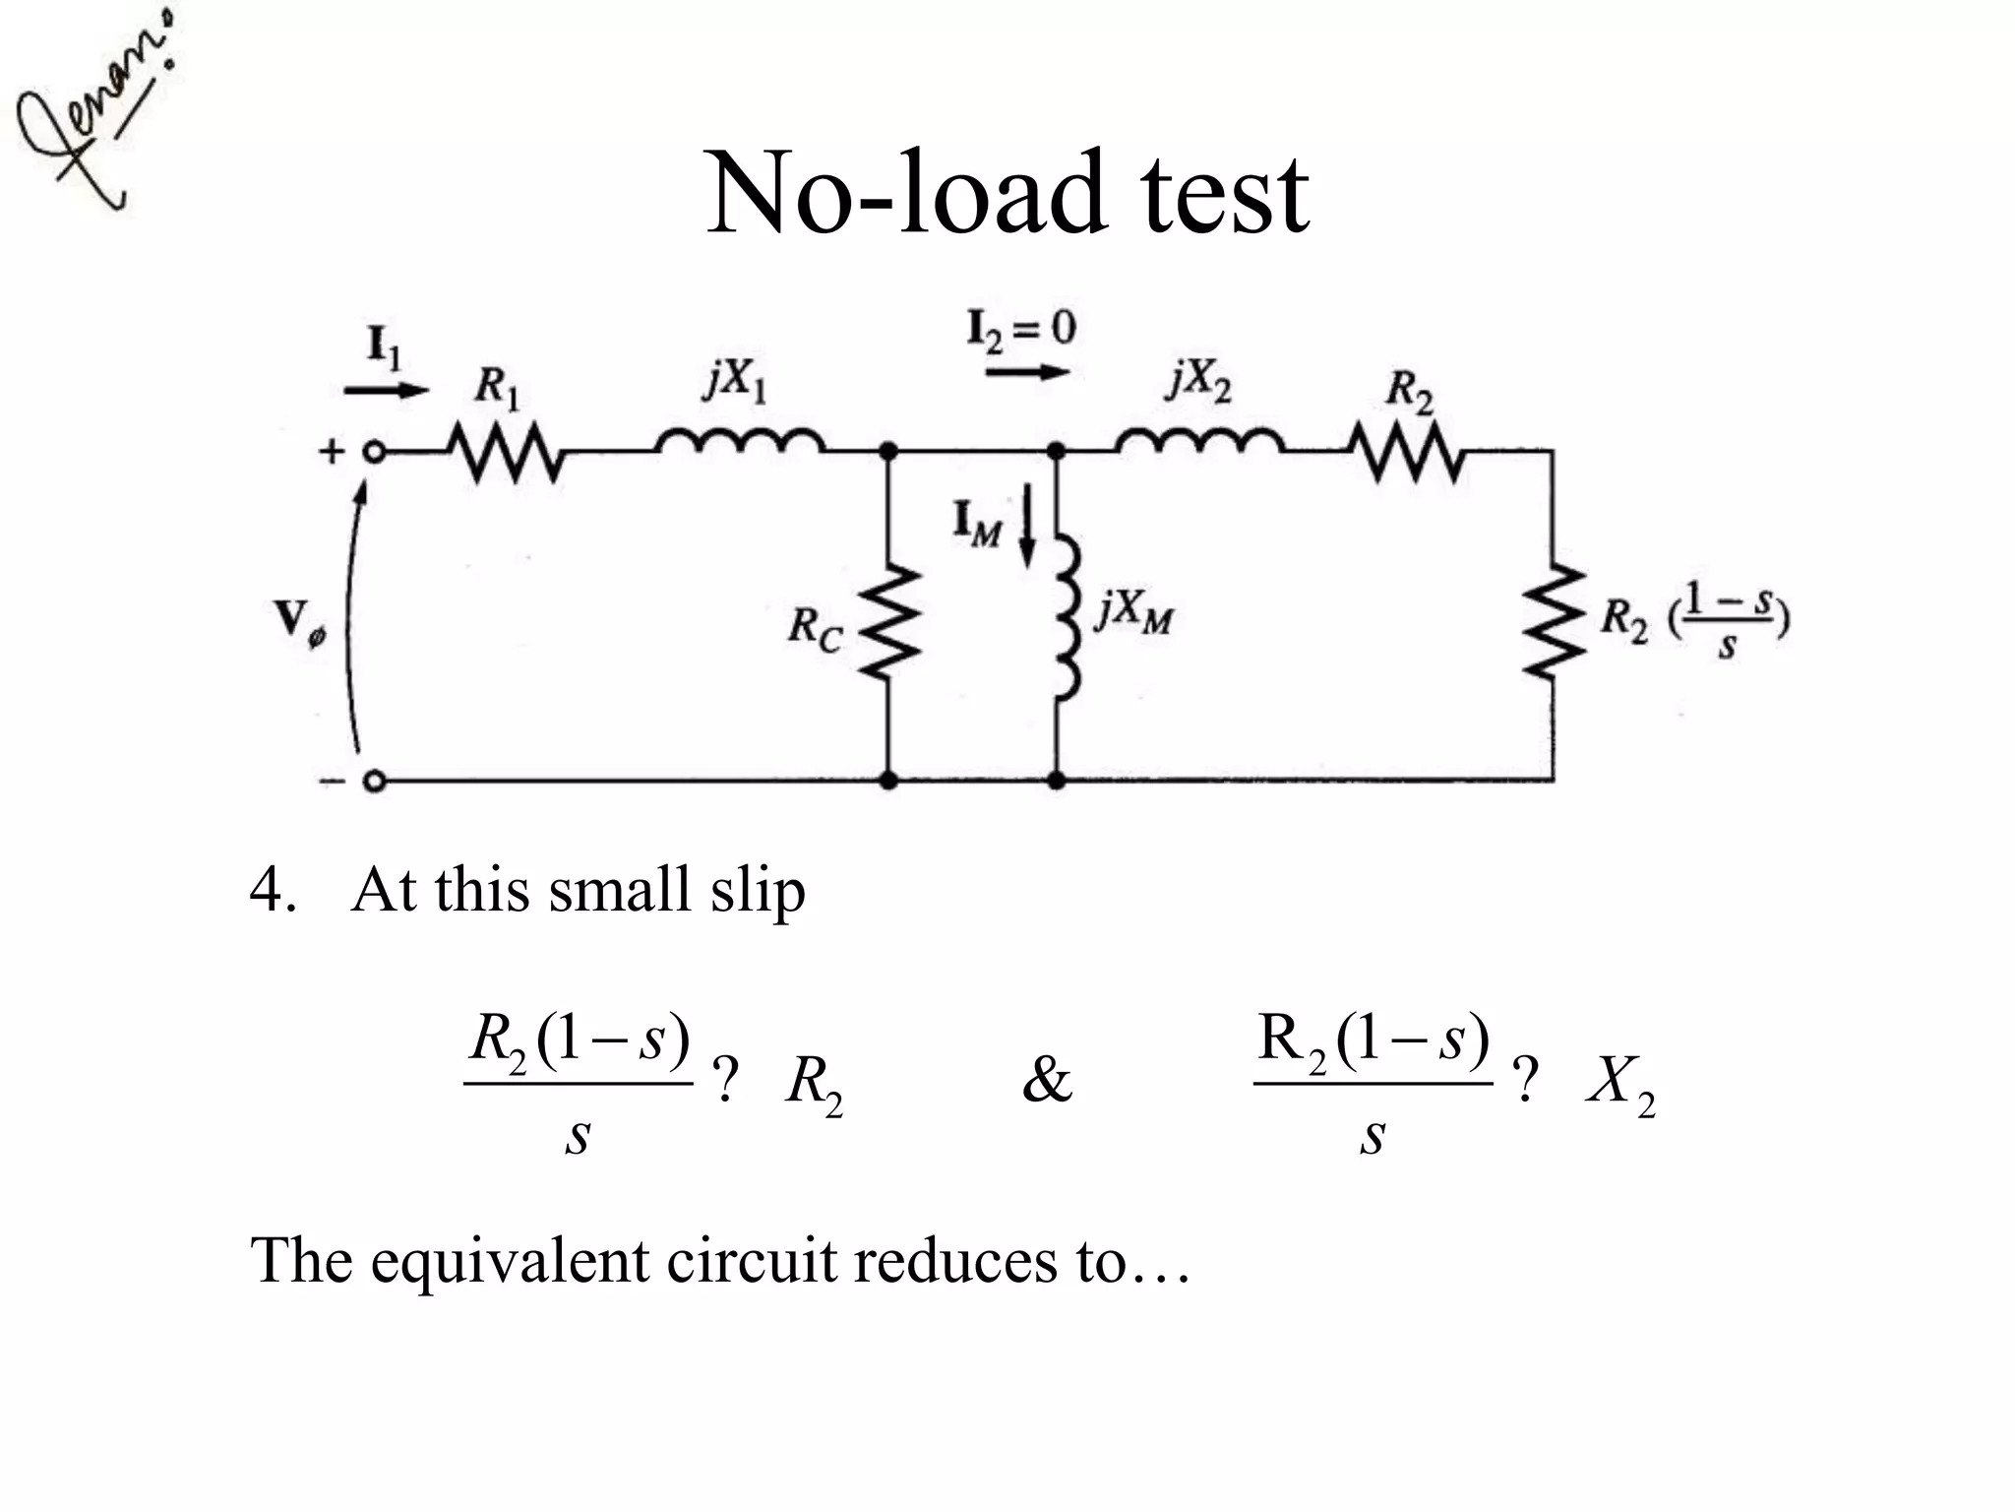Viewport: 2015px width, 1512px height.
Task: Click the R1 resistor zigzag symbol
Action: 506,453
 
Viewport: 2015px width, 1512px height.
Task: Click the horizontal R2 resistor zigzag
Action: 1409,453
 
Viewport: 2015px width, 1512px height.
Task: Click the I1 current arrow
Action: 386,390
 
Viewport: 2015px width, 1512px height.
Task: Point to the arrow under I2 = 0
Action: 1027,372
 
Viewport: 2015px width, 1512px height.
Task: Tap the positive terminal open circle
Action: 373,453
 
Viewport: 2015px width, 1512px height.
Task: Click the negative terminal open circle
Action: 373,782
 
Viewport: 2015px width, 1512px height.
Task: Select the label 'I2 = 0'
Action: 1021,329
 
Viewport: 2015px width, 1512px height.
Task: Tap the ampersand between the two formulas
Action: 1046,1081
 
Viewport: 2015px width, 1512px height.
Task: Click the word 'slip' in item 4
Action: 758,892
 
